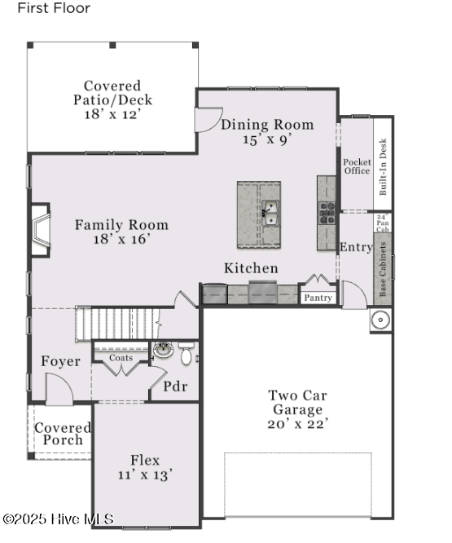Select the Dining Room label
point(267,125)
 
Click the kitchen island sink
point(270,214)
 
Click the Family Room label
point(122,225)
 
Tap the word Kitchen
point(251,268)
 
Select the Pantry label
point(318,298)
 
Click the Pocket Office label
point(357,166)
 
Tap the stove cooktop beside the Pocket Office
point(327,213)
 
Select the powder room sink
point(164,351)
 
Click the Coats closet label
point(121,357)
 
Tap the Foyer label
point(61,361)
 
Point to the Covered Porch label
point(63,434)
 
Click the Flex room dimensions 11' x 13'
point(146,475)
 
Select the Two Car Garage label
point(297,403)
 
